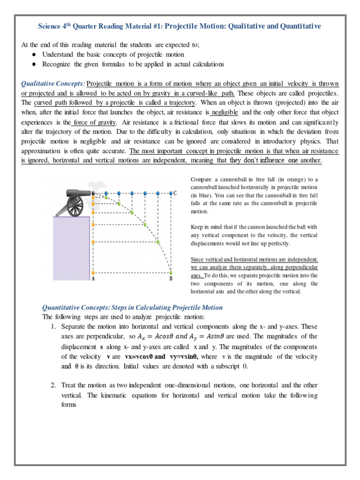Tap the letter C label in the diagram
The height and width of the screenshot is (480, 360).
(175, 193)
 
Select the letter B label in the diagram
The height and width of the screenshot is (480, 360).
(171, 279)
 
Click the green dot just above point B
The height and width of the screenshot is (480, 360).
(171, 272)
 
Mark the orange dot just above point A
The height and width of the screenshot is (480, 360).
(94, 272)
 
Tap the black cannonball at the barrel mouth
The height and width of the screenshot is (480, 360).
(94, 193)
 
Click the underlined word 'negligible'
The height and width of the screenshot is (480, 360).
(225, 112)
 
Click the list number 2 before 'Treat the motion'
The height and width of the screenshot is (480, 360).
(53, 385)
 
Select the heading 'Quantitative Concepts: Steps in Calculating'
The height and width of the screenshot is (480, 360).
(133, 307)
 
